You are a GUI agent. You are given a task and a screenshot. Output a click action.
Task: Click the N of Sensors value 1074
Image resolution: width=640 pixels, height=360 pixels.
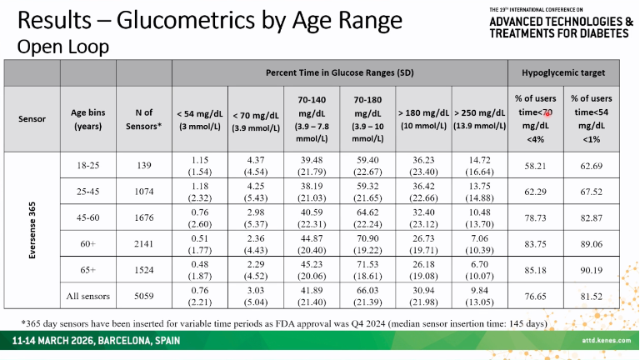pos(144,192)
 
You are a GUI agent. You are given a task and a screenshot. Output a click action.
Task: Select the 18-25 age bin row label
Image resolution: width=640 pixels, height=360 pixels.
pos(87,165)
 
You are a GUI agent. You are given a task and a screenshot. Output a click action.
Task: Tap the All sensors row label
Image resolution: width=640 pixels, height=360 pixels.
pos(87,296)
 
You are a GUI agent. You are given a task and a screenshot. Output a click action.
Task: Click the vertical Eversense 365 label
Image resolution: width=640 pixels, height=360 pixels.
pos(32,230)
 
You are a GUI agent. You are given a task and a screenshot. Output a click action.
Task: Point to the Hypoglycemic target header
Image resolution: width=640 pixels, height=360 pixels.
pos(563,72)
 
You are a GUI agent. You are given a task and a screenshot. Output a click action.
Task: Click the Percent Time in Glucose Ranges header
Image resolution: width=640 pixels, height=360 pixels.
pos(340,72)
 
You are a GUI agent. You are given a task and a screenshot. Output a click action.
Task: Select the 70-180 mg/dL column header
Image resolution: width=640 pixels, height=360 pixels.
pos(367,119)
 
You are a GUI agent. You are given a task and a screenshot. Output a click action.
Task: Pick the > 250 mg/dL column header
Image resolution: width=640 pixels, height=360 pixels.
pos(480,119)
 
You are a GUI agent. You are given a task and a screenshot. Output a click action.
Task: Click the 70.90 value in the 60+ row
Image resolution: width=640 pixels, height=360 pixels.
pos(367,238)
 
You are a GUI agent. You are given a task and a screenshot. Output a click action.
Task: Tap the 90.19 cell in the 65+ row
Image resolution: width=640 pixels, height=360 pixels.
pos(591,270)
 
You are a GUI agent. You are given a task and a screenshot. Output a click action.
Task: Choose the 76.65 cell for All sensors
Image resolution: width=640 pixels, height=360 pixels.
pos(535,297)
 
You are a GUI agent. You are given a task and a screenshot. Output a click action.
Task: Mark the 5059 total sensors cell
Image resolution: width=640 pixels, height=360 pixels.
pos(144,296)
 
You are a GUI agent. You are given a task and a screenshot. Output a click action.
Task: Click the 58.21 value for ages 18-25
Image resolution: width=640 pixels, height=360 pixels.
pos(535,166)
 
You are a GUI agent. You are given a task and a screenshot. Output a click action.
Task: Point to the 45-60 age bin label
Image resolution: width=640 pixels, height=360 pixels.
pos(87,217)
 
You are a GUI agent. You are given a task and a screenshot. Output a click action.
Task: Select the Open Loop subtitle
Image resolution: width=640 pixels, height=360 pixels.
pos(63,47)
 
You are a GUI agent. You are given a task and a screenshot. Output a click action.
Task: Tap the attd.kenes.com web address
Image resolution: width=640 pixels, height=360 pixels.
pos(606,340)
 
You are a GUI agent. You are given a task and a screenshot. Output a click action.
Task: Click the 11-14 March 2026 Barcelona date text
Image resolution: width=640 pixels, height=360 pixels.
pos(96,341)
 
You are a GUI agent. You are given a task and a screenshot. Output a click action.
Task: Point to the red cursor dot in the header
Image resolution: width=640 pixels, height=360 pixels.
pos(547,114)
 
